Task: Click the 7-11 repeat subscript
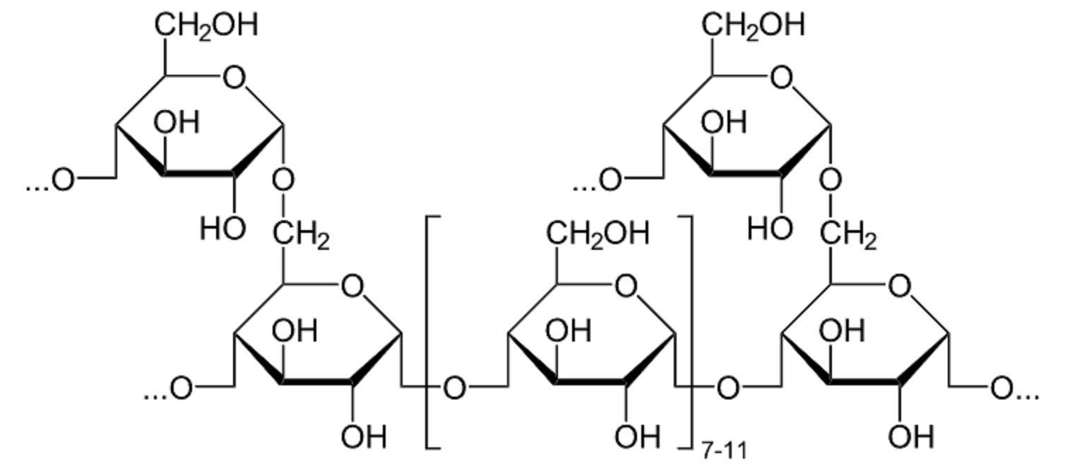pyautogui.click(x=725, y=450)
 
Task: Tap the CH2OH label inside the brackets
pyautogui.click(x=597, y=234)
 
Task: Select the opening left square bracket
pyautogui.click(x=433, y=332)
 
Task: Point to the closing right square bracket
pyautogui.click(x=686, y=332)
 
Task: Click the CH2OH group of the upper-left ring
pyautogui.click(x=206, y=25)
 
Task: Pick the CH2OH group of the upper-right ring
pyautogui.click(x=754, y=25)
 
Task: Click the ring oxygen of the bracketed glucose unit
pyautogui.click(x=626, y=286)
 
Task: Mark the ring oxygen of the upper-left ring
pyautogui.click(x=234, y=78)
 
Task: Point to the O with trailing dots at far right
pyautogui.click(x=1015, y=389)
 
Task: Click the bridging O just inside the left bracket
pyautogui.click(x=455, y=388)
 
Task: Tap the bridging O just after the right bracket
pyautogui.click(x=728, y=388)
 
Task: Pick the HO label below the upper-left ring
pyautogui.click(x=223, y=228)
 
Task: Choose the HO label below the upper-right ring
pyautogui.click(x=771, y=228)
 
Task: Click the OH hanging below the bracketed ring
pyautogui.click(x=638, y=436)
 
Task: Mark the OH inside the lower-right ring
pyautogui.click(x=842, y=331)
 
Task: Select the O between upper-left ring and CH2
pyautogui.click(x=283, y=180)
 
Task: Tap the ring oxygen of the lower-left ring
pyautogui.click(x=353, y=286)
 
